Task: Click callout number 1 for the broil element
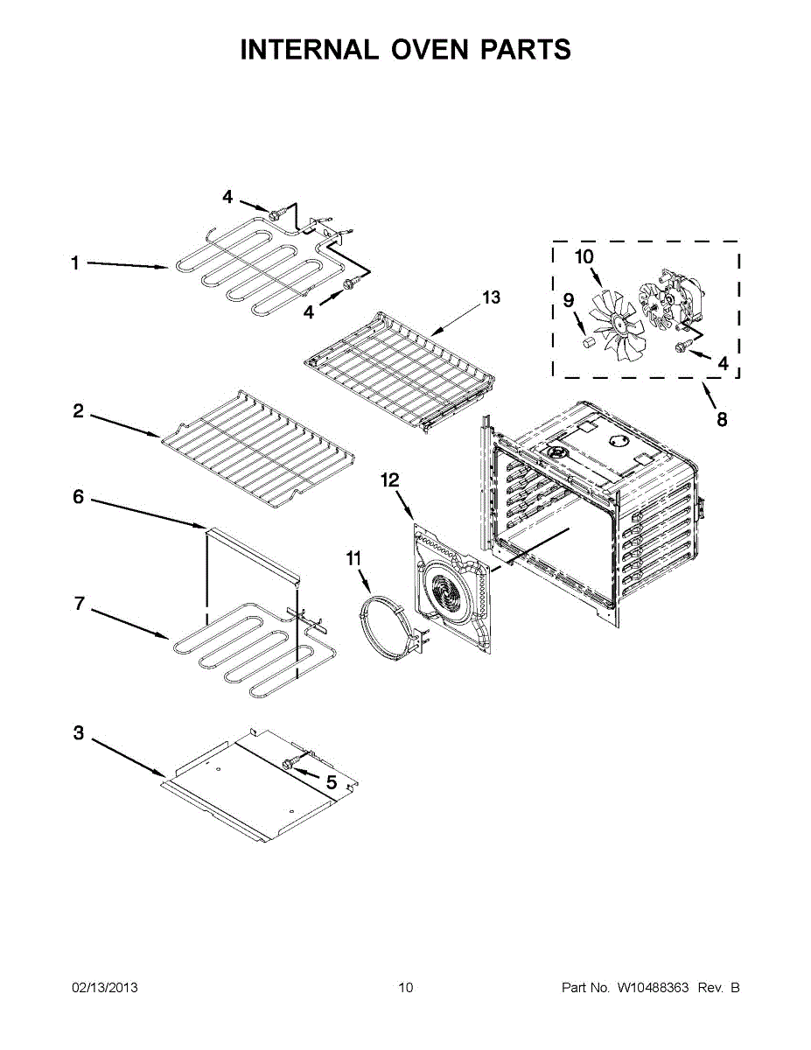click(x=75, y=262)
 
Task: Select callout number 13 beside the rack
click(x=492, y=297)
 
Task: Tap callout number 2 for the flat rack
click(x=78, y=410)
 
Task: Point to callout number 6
click(x=78, y=497)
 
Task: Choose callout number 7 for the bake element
click(x=78, y=603)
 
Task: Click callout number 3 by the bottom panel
click(x=78, y=733)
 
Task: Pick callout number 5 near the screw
click(x=332, y=782)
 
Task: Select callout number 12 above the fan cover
click(x=390, y=479)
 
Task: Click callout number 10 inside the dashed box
click(x=584, y=256)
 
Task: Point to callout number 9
click(x=569, y=300)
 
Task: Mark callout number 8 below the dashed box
click(x=722, y=419)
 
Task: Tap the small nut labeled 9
click(x=590, y=340)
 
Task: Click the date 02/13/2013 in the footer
click(x=104, y=988)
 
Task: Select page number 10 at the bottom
click(x=405, y=988)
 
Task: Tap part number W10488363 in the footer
click(x=653, y=988)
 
